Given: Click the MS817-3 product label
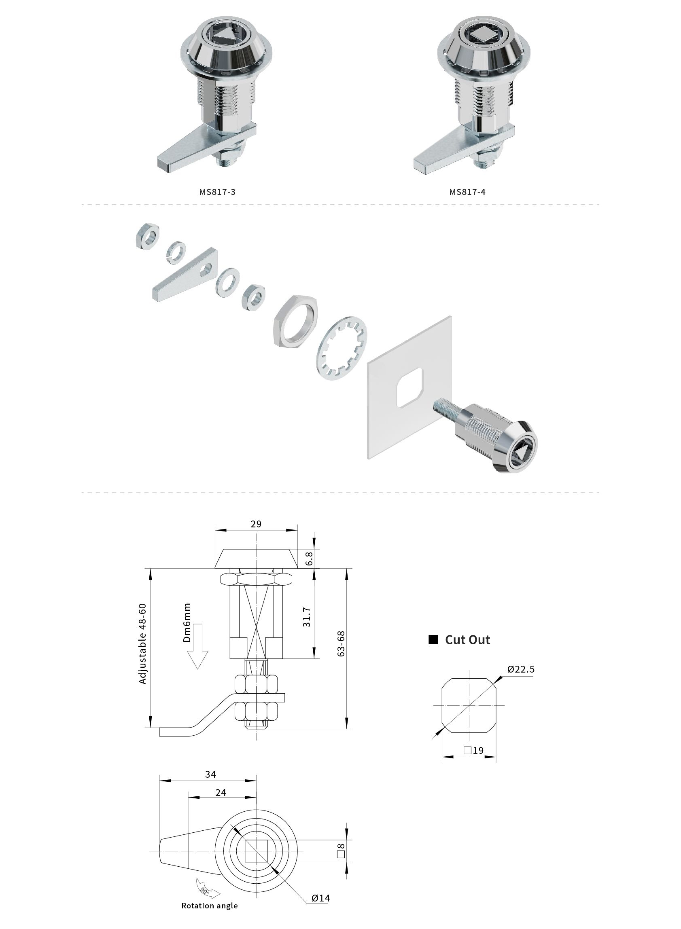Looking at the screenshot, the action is tap(217, 192).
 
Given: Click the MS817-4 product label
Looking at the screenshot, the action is tap(467, 192).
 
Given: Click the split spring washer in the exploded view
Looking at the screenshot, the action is tap(176, 251).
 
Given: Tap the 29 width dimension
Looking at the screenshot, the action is tap(256, 524).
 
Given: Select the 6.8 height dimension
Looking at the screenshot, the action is tap(309, 559).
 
